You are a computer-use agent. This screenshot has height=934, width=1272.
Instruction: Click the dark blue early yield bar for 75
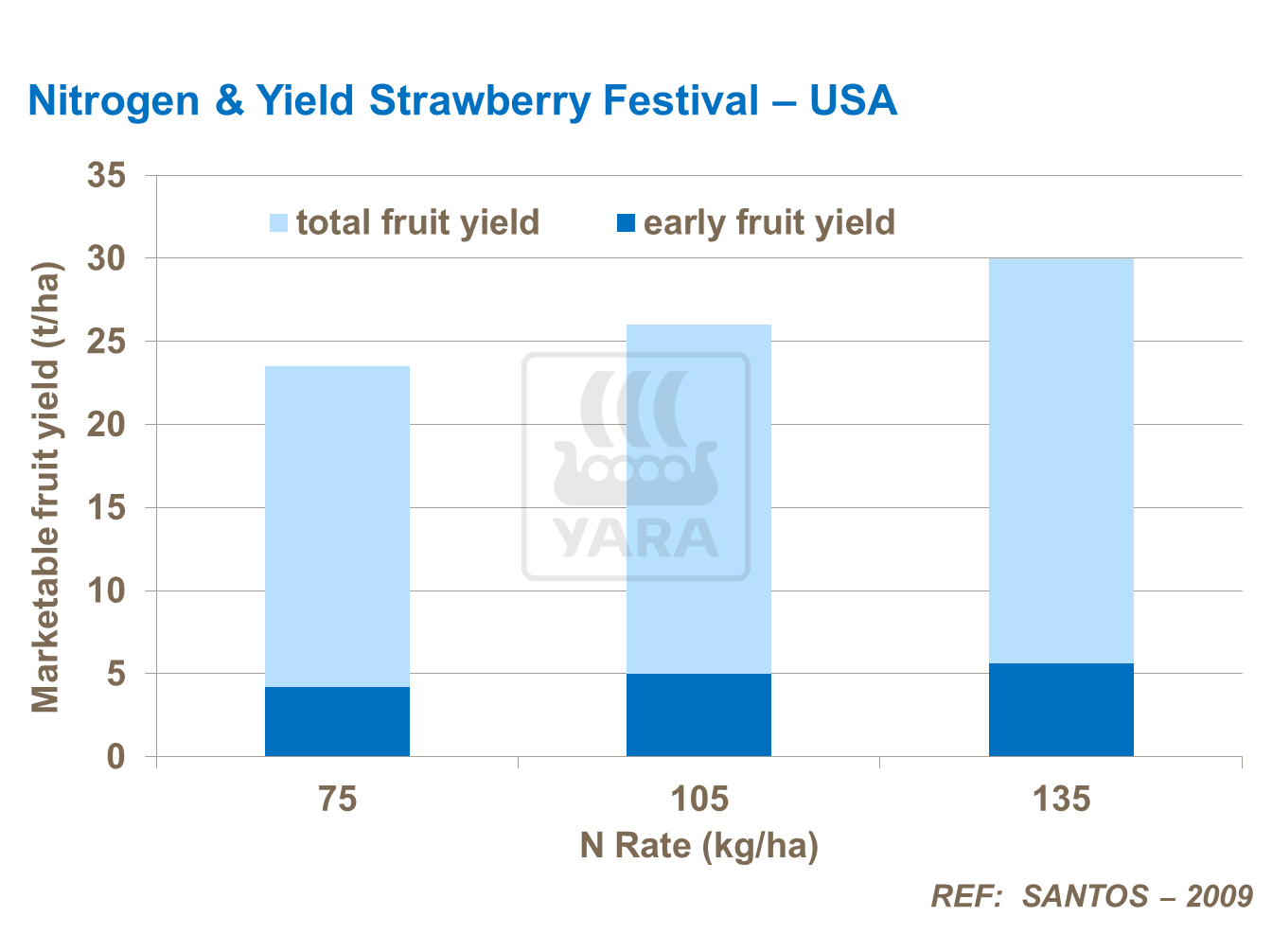(337, 721)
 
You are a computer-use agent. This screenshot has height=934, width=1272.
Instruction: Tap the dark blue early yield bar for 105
(698, 714)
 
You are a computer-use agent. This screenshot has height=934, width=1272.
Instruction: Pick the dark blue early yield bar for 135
(1061, 710)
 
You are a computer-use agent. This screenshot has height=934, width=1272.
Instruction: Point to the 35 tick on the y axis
(106, 175)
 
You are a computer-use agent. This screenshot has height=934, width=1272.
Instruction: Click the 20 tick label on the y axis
(106, 425)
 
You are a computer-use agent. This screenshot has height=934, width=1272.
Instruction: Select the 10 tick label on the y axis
(106, 591)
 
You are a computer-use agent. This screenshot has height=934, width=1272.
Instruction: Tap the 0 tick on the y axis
(115, 757)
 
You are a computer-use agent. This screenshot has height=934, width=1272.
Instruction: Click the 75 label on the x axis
(337, 800)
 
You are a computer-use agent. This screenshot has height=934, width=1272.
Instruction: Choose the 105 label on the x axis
(698, 800)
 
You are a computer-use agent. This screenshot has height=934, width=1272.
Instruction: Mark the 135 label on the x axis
(1061, 800)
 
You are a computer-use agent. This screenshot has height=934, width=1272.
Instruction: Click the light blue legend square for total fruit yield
(278, 223)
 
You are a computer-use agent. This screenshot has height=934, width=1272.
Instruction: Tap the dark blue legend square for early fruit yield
(626, 223)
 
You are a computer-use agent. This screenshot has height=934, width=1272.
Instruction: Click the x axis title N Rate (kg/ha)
(698, 845)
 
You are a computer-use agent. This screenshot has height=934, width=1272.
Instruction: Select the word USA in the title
(853, 100)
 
